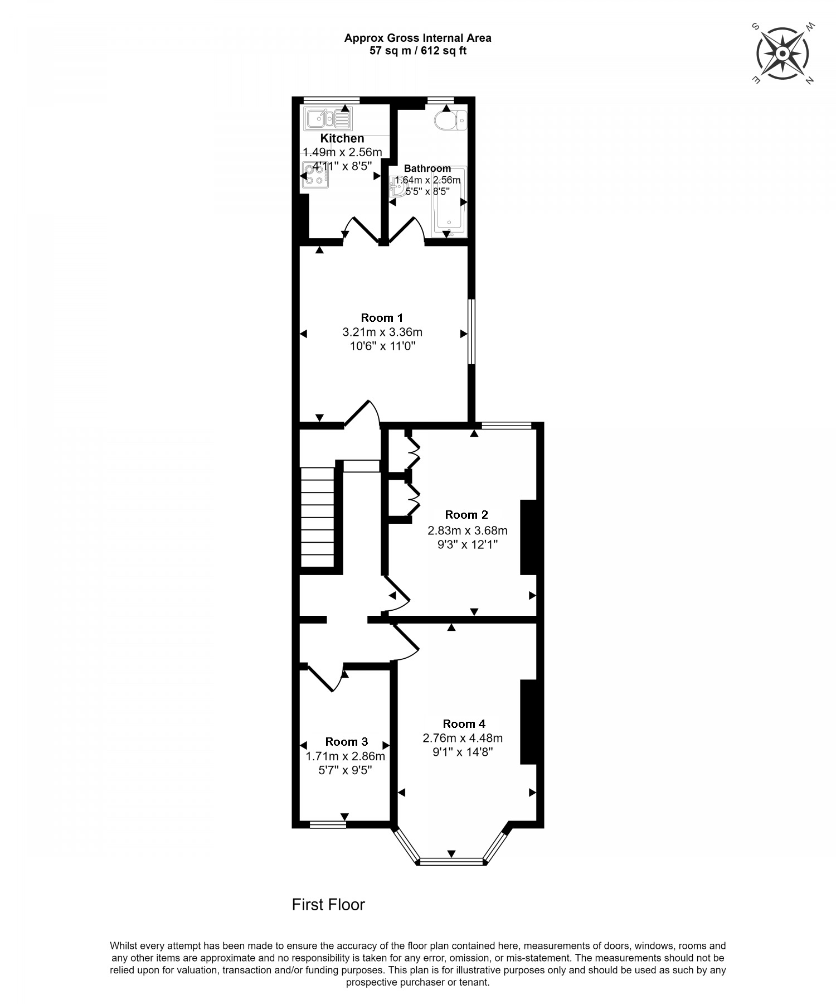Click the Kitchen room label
pos(342,138)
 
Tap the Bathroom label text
pos(427,168)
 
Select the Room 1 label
pos(382,318)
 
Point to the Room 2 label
pos(466,514)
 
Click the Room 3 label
pos(346,741)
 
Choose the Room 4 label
pos(464,723)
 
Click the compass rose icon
pos(782,54)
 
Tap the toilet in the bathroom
pos(451,120)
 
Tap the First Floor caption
pos(328,904)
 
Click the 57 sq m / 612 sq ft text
pos(418,51)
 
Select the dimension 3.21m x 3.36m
pos(382,332)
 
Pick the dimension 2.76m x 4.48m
pos(463,738)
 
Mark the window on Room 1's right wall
pos(471,332)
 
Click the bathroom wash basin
pos(399,186)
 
